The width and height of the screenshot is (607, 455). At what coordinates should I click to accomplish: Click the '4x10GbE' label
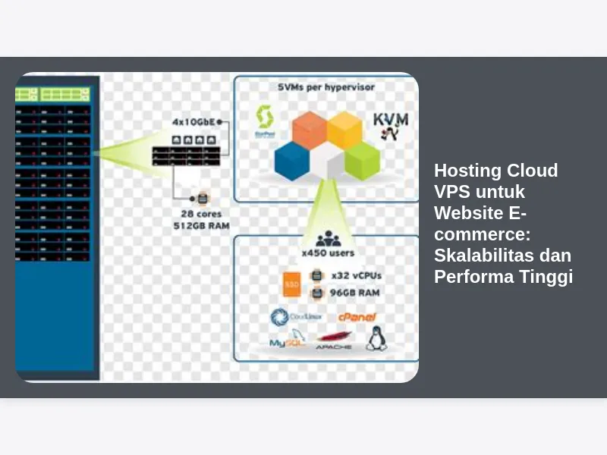click(193, 121)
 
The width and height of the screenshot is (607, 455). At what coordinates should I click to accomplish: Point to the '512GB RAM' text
click(200, 225)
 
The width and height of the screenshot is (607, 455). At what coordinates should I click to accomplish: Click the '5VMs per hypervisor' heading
click(326, 87)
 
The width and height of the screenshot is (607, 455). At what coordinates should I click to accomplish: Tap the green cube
click(361, 158)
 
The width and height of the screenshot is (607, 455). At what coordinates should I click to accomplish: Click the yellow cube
click(344, 129)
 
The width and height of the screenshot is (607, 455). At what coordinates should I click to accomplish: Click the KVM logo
click(391, 126)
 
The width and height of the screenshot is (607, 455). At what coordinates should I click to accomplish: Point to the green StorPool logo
click(265, 121)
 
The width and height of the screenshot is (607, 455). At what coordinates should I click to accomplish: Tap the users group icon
click(327, 238)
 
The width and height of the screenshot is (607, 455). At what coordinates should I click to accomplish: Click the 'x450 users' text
click(328, 253)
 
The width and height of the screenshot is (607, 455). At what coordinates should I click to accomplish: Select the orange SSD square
click(292, 284)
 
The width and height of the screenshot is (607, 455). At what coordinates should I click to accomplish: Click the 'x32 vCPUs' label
click(354, 276)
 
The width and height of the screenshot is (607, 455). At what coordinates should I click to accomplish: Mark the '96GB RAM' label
click(354, 292)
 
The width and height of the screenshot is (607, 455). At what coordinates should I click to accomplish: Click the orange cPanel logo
click(357, 317)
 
